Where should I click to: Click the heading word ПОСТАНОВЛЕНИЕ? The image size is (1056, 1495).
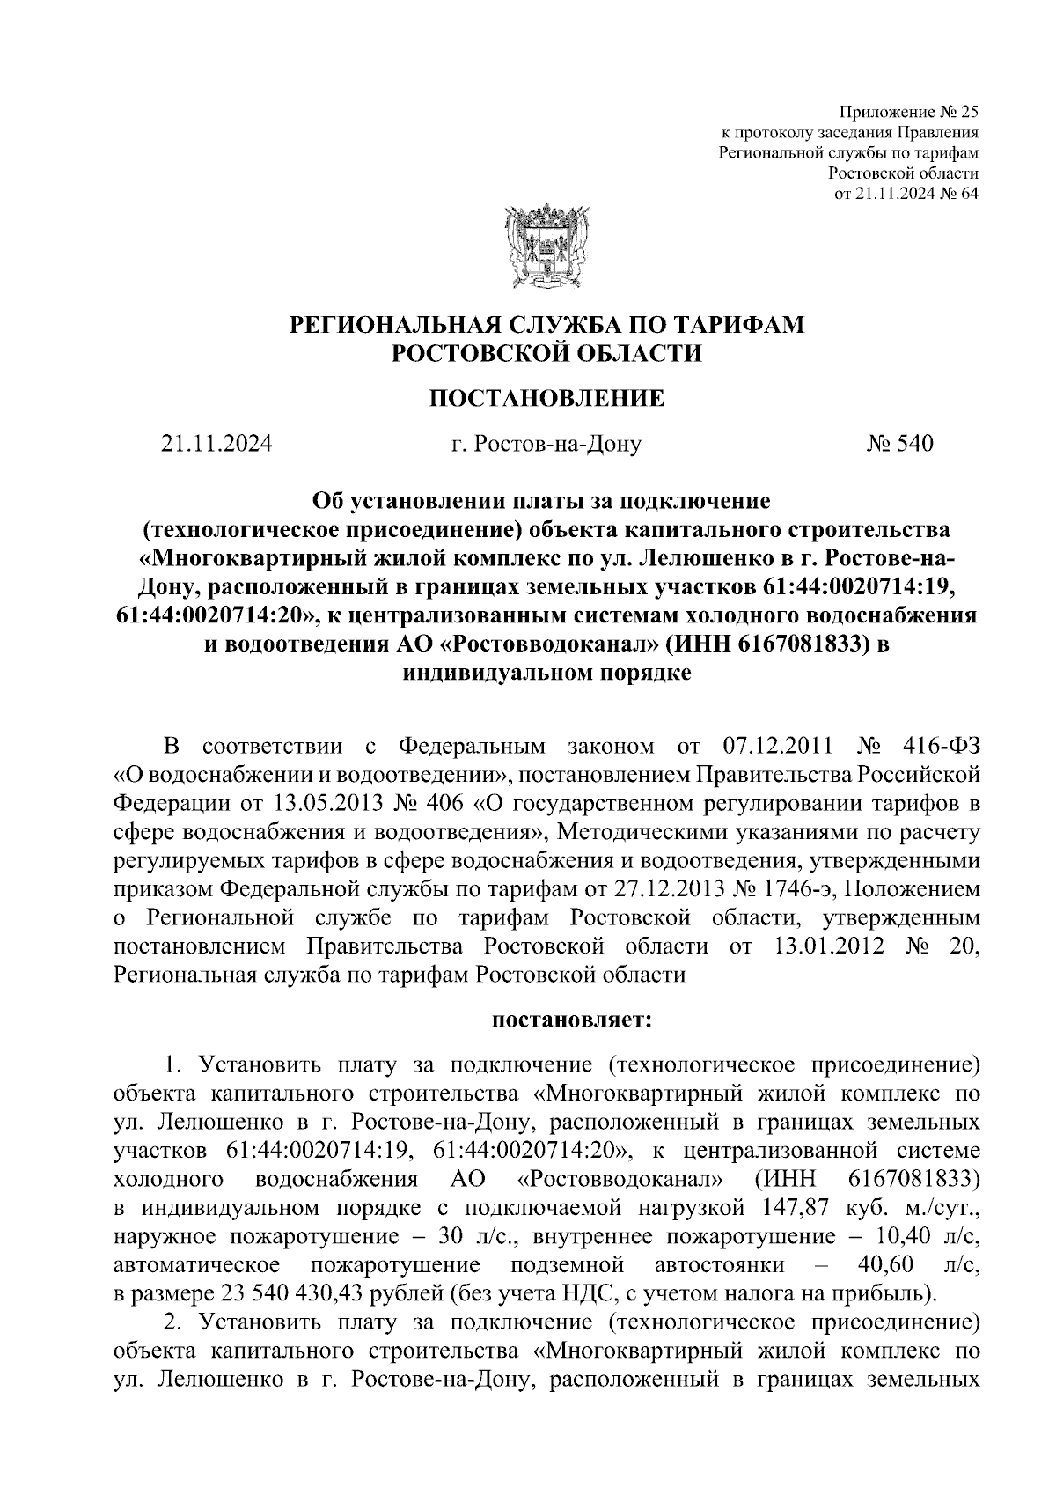point(546,399)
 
